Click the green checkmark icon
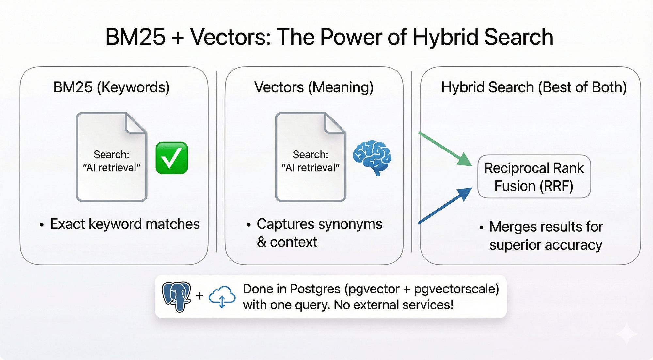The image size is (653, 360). click(172, 158)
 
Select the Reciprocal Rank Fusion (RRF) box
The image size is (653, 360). click(534, 177)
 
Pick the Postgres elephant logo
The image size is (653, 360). click(177, 296)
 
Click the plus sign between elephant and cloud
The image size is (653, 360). click(199, 296)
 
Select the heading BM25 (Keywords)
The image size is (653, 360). click(111, 87)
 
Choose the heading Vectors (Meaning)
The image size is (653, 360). click(314, 87)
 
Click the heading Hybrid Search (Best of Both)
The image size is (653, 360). click(534, 87)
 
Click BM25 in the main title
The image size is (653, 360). click(135, 37)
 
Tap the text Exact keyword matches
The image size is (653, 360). click(125, 224)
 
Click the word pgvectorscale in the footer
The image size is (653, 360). click(456, 289)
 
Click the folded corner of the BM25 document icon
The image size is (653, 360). click(136, 123)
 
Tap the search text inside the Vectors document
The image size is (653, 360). click(311, 161)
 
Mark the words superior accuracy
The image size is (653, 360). click(546, 245)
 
